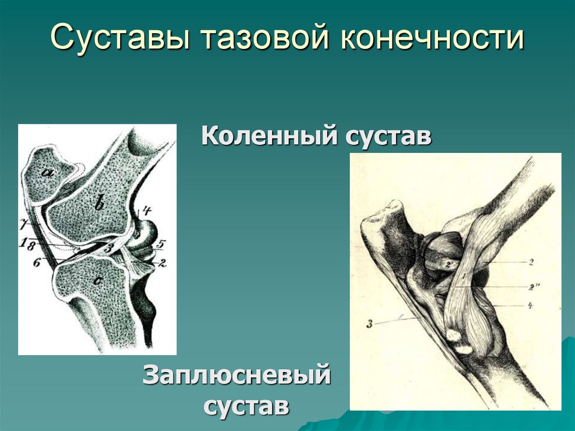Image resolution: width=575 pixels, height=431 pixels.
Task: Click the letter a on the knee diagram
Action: point(48,173)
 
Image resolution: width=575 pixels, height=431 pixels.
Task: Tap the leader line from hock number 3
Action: point(396,320)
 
